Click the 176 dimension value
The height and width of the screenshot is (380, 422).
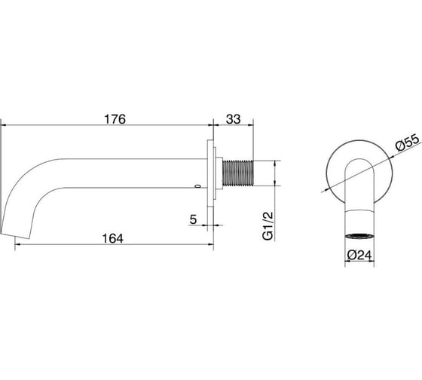(x=115, y=119)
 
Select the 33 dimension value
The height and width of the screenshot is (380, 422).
(x=233, y=119)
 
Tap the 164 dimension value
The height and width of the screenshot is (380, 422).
(x=113, y=238)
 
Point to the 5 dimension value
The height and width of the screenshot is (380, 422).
(x=193, y=219)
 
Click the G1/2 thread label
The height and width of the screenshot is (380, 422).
(x=268, y=225)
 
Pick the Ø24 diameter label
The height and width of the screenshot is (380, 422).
(x=359, y=255)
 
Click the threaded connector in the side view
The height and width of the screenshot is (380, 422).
(x=238, y=173)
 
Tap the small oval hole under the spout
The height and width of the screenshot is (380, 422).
(x=197, y=186)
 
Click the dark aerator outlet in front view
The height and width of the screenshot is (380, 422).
(x=359, y=236)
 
